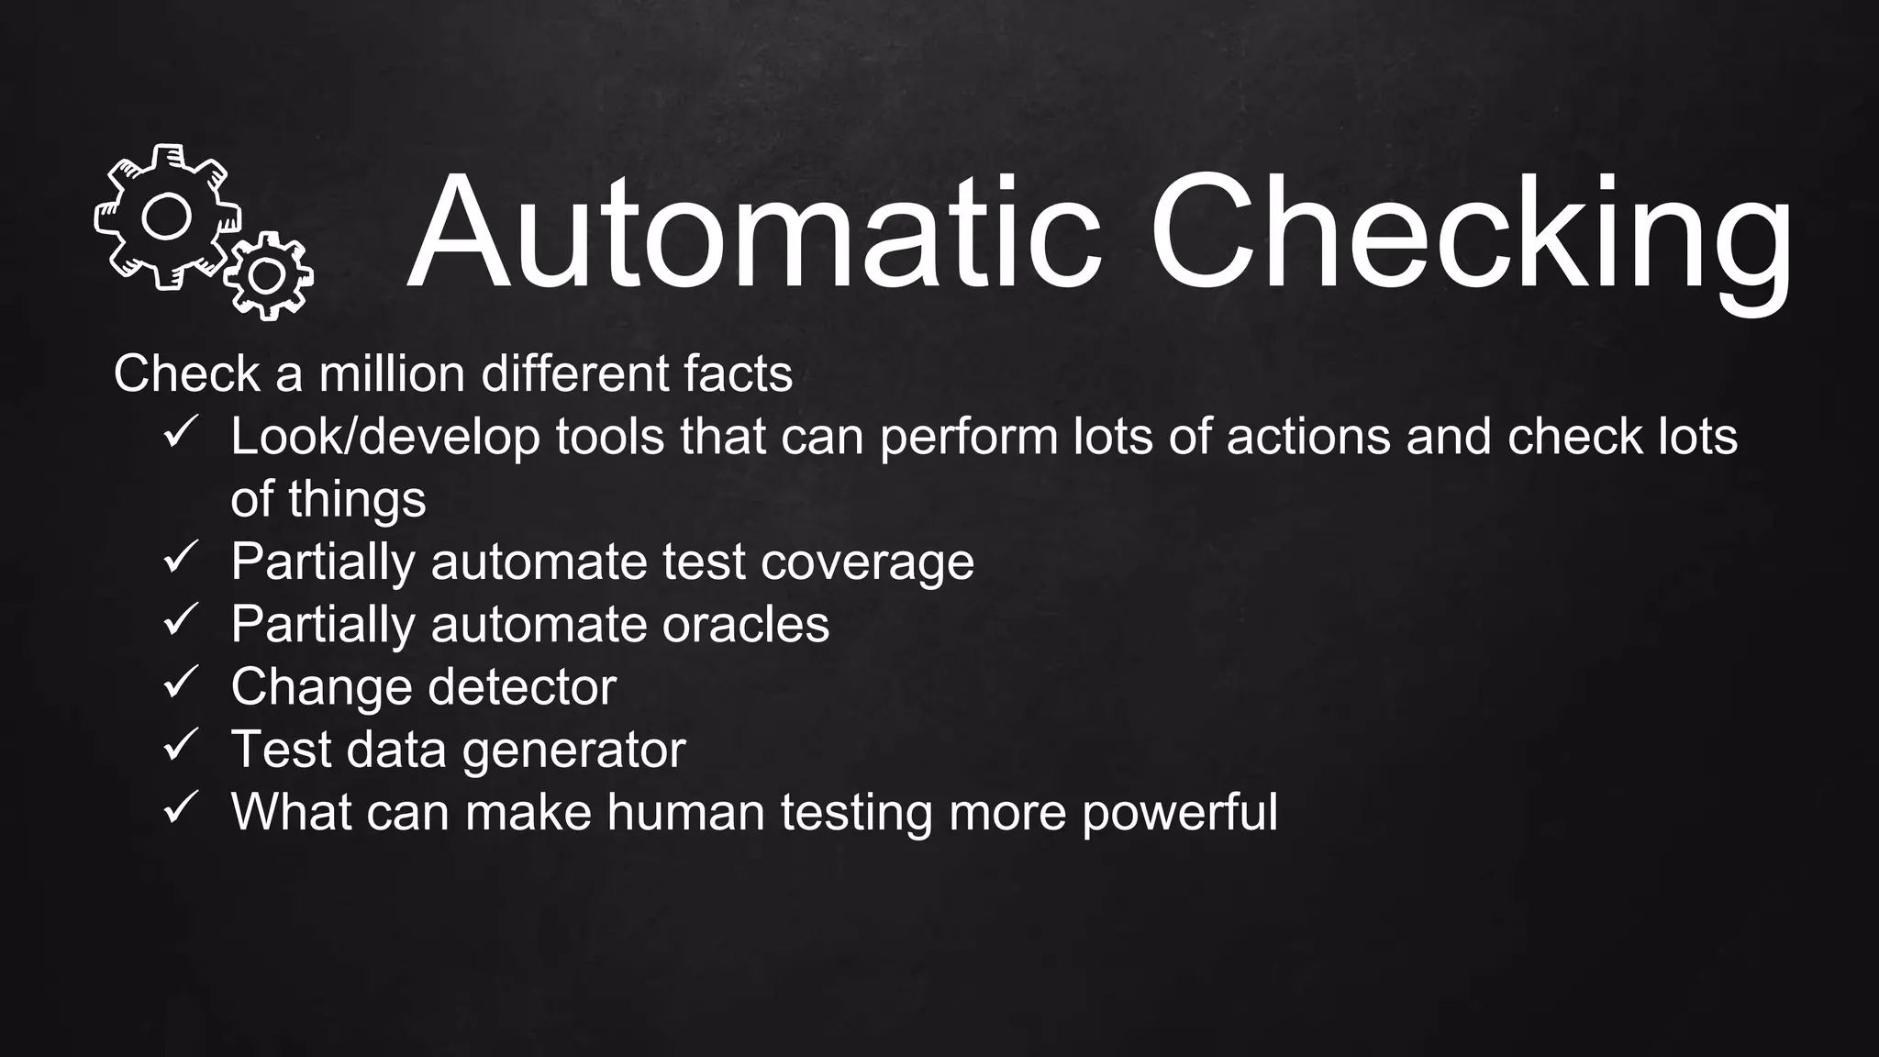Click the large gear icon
click(165, 217)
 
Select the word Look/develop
click(385, 437)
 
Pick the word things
click(357, 500)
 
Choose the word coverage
click(867, 562)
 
